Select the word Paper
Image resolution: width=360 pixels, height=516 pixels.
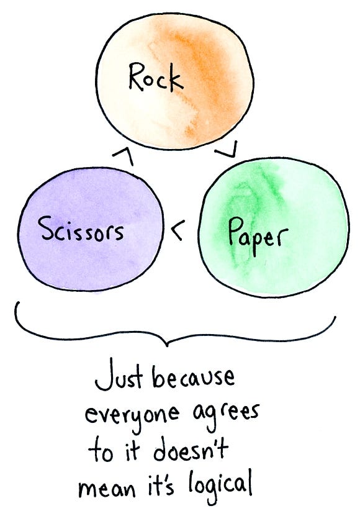coord(258,236)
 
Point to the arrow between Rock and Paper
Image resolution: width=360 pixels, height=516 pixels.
coord(227,150)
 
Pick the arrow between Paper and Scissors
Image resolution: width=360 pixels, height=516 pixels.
coord(178,230)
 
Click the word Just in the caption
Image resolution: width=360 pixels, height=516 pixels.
coord(119,377)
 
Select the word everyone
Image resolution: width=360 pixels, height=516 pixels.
coord(132,415)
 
